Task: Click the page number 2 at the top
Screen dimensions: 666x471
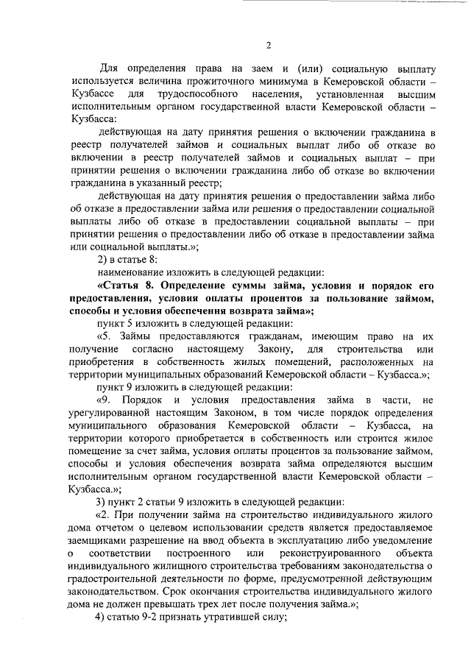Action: (x=268, y=46)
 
